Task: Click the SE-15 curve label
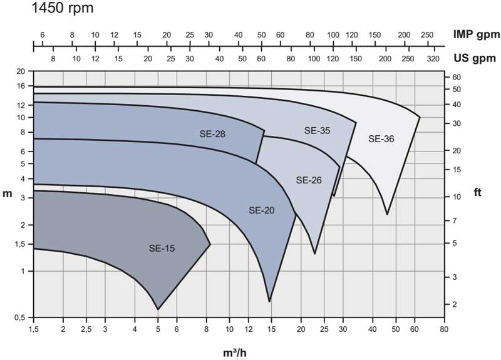point(162,248)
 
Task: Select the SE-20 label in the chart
point(262,210)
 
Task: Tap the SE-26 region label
point(308,180)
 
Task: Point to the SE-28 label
point(212,133)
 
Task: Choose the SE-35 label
point(317,131)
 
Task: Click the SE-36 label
point(381,139)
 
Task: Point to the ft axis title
point(478,193)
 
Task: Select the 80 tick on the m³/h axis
point(443,329)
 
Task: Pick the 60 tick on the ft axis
point(457,77)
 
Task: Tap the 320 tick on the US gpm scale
point(432,59)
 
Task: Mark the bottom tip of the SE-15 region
point(158,309)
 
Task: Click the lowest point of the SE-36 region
point(387,214)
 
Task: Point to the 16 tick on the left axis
point(21,86)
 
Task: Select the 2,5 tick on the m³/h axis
point(84,329)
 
